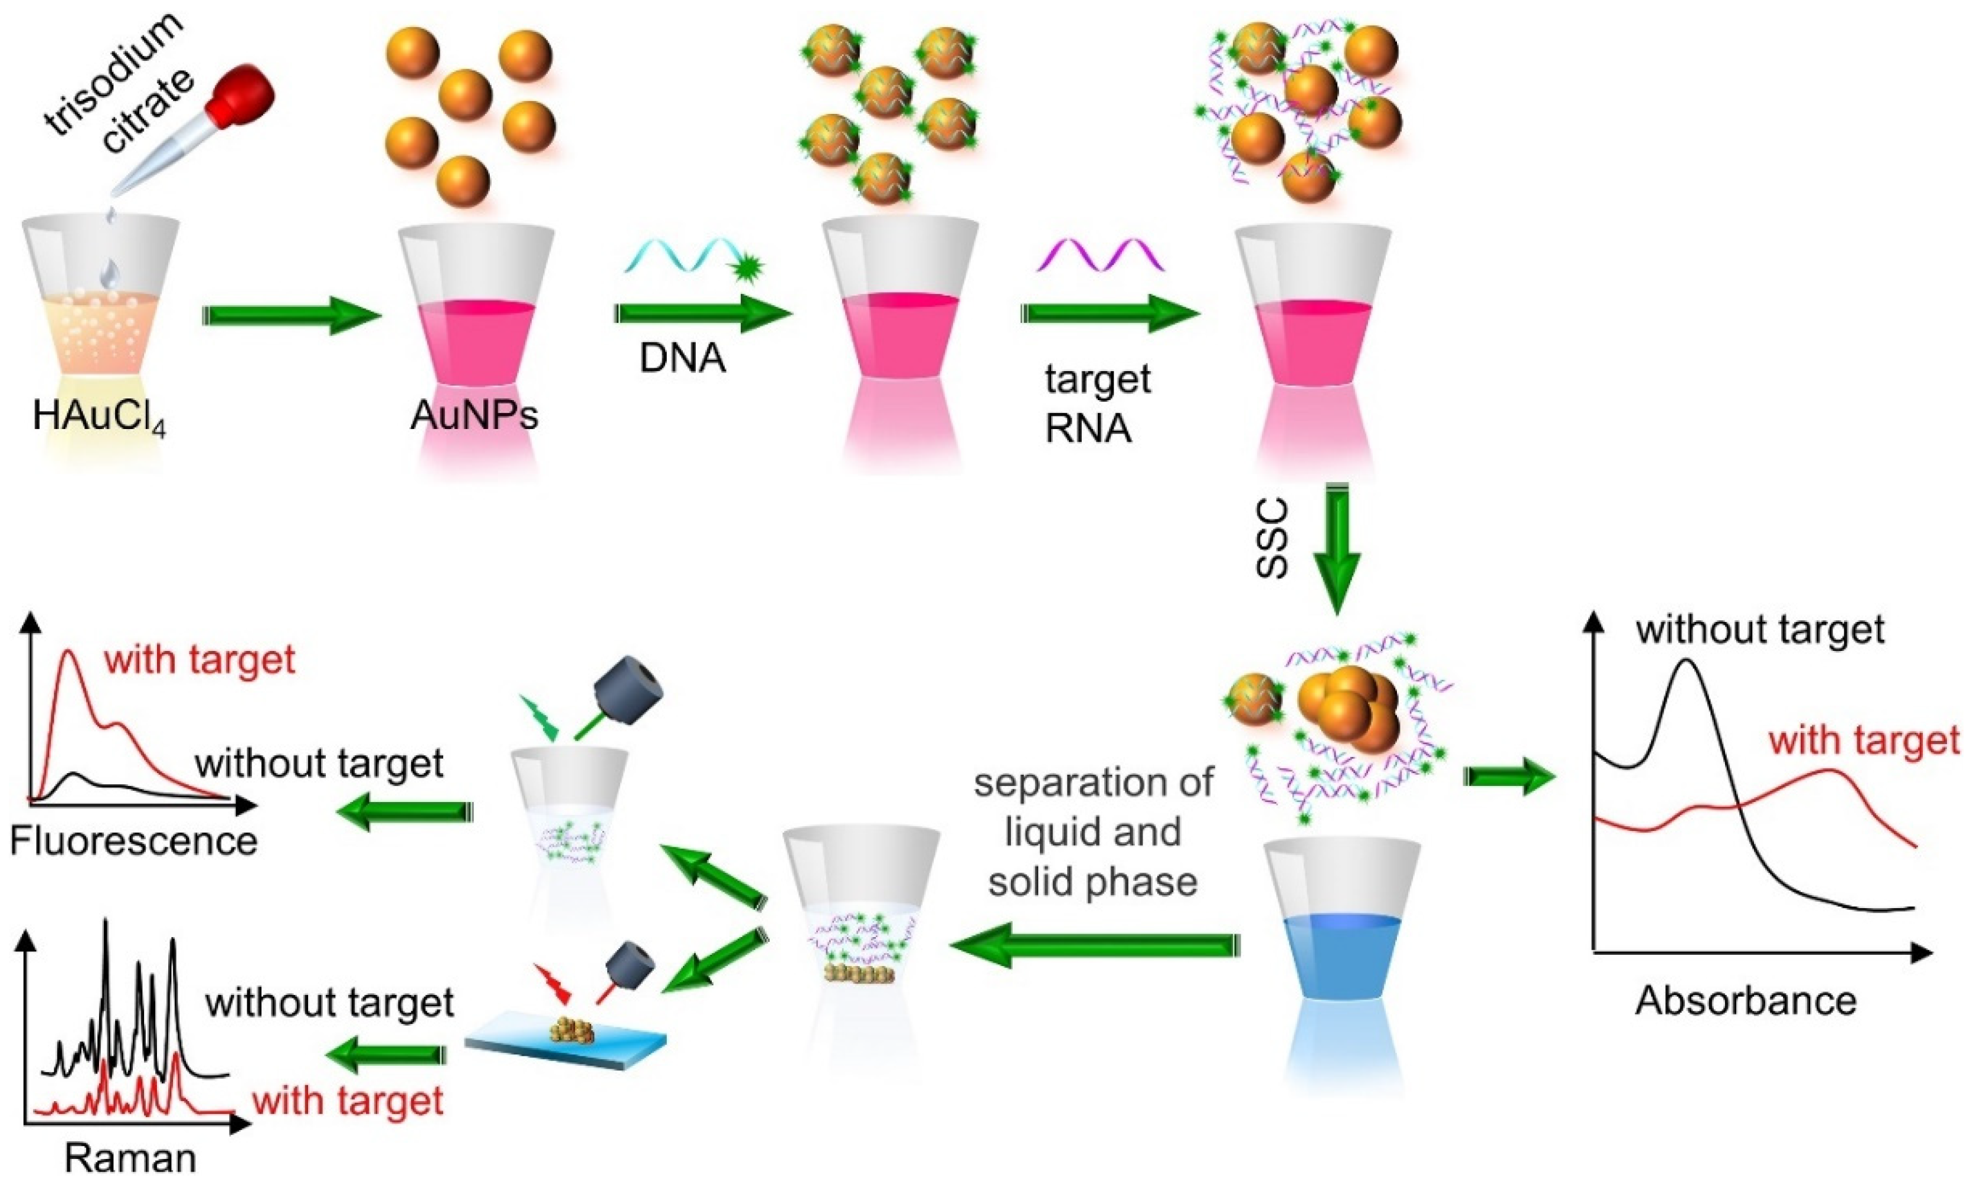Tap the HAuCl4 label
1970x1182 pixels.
(x=100, y=417)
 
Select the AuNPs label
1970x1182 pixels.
(x=474, y=415)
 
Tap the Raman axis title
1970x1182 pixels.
(x=130, y=1159)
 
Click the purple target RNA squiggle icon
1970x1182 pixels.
(x=1099, y=257)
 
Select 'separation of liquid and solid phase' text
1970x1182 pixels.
(x=1093, y=832)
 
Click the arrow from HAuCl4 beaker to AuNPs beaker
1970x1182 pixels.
(x=292, y=315)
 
